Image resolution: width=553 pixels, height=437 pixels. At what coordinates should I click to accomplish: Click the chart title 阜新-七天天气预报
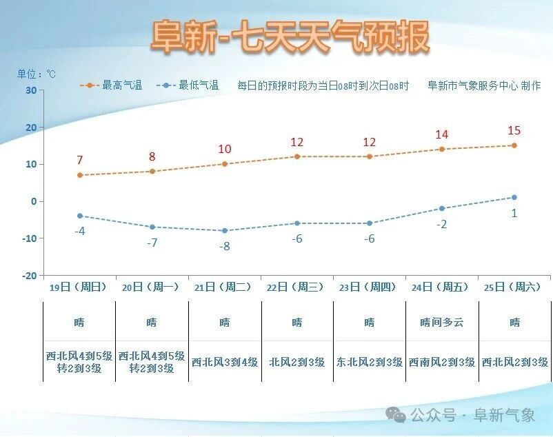pyautogui.click(x=290, y=36)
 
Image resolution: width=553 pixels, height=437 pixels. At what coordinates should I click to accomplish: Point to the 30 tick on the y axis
pyautogui.click(x=31, y=90)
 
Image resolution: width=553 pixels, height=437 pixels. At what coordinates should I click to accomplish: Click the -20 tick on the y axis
pyautogui.click(x=29, y=276)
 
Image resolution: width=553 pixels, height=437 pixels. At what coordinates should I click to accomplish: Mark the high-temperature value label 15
pyautogui.click(x=514, y=130)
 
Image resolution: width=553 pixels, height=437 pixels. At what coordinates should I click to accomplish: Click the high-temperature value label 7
pyautogui.click(x=80, y=160)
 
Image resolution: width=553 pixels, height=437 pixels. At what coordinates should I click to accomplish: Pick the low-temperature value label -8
pyautogui.click(x=224, y=246)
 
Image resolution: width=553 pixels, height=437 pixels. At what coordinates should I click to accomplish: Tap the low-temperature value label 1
pyautogui.click(x=514, y=213)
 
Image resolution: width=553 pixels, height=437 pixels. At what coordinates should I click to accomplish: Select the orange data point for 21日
pyautogui.click(x=225, y=164)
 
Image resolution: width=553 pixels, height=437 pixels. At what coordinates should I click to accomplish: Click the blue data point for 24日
pyautogui.click(x=441, y=209)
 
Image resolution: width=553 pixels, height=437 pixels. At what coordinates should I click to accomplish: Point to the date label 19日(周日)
pyautogui.click(x=79, y=287)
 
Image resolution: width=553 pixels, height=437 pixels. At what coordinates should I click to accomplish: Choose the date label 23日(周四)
pyautogui.click(x=369, y=287)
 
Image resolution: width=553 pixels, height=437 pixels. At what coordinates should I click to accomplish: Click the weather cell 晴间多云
pyautogui.click(x=441, y=322)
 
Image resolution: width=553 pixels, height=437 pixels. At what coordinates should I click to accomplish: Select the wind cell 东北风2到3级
pyautogui.click(x=369, y=362)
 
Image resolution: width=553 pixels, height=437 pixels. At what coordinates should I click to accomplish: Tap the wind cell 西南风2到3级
pyautogui.click(x=441, y=362)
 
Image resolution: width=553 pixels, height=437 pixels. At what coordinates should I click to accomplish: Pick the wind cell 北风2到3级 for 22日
pyautogui.click(x=296, y=362)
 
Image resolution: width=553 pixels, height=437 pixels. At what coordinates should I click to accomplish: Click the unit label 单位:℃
pyautogui.click(x=37, y=74)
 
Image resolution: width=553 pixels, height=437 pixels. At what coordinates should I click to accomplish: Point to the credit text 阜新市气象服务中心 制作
pyautogui.click(x=484, y=85)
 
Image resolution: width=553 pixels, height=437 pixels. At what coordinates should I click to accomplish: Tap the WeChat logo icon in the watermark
pyautogui.click(x=396, y=414)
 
